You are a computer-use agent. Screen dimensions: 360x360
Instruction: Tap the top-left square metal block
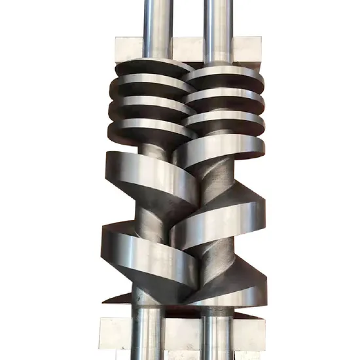click(129, 47)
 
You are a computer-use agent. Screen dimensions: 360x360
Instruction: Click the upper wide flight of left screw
click(147, 173)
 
